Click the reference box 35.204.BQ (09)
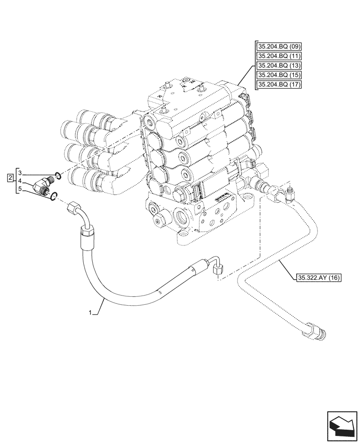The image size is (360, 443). coord(279,46)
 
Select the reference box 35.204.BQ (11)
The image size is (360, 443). coord(279,56)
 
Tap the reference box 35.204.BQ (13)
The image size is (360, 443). coord(279,66)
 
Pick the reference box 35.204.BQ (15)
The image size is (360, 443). coord(279,75)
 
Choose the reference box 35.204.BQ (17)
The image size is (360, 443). coord(279,85)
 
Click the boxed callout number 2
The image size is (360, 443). coord(10,178)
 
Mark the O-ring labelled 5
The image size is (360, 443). coord(53,195)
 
